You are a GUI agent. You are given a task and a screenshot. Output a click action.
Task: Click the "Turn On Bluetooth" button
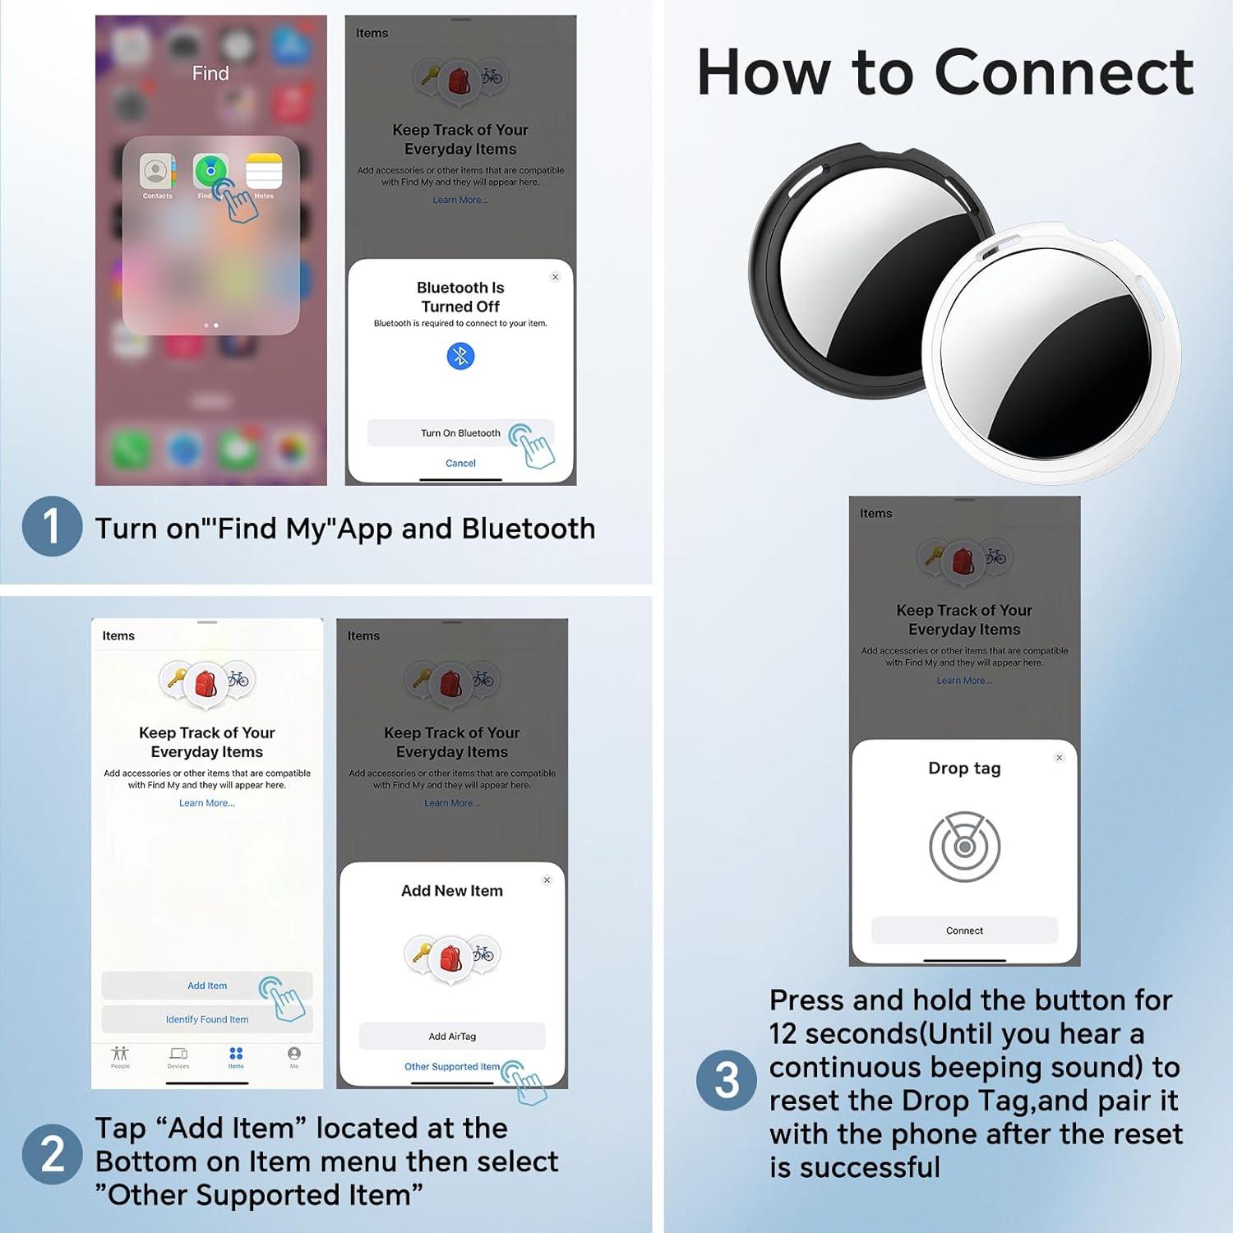pos(460,433)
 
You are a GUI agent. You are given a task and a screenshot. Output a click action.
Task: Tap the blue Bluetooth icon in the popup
pos(460,356)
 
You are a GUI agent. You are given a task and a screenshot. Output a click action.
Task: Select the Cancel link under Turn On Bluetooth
pos(460,464)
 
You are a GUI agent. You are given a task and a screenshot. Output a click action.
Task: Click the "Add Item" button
pos(207,986)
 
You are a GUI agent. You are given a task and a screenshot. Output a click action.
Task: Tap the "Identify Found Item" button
pos(207,1019)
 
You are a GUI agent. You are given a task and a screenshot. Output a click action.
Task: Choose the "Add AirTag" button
pos(452,1037)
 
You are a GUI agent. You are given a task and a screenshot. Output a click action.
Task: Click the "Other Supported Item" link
pos(452,1067)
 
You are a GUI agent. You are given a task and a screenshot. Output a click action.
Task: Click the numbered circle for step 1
pos(52,527)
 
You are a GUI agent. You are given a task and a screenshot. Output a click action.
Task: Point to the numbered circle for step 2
pos(52,1154)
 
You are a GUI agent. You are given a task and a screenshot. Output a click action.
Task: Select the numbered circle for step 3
pos(726,1080)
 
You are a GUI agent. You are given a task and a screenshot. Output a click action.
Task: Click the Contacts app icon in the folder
pos(156,172)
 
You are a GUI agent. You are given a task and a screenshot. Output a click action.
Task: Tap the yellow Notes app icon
pos(264,172)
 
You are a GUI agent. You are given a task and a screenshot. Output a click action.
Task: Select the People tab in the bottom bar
pos(120,1056)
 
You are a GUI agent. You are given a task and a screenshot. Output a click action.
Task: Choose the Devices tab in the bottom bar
pos(178,1056)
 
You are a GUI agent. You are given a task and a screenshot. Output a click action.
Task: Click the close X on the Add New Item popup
pos(547,880)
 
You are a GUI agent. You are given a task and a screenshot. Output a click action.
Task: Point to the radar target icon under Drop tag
pos(964,847)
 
